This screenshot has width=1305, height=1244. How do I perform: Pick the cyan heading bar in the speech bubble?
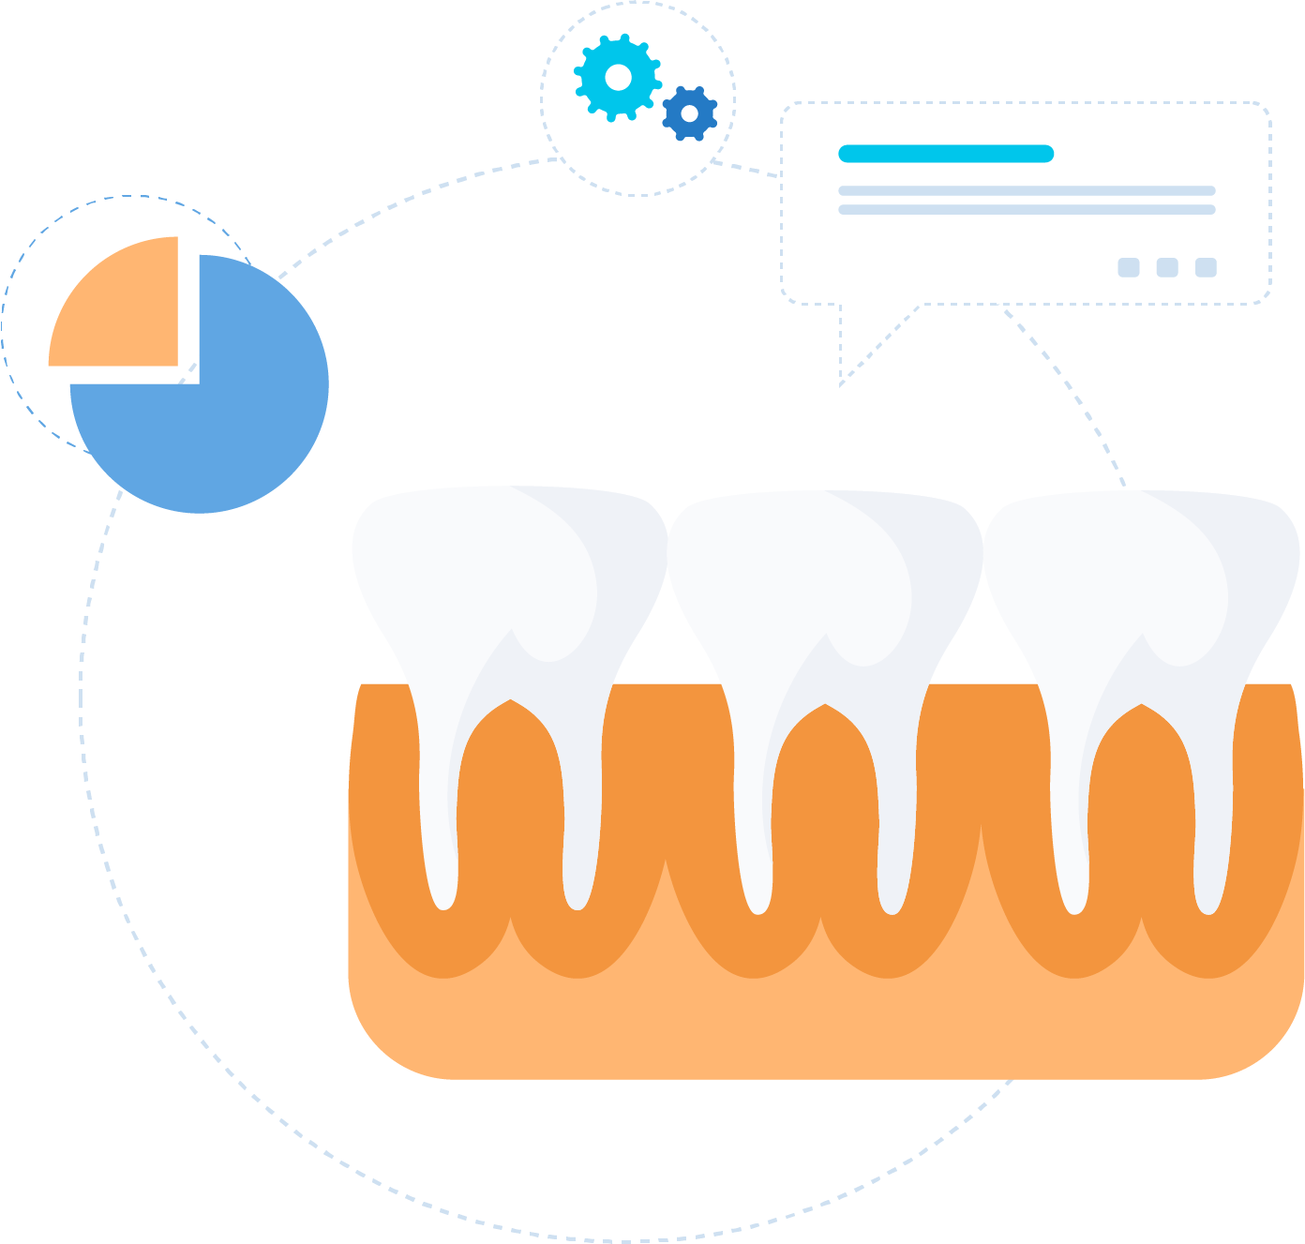tap(945, 154)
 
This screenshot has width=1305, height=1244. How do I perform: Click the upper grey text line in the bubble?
tap(1027, 191)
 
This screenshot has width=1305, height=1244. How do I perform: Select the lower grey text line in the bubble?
tap(1027, 210)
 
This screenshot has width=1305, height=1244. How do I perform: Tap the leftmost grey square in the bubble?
tap(1128, 268)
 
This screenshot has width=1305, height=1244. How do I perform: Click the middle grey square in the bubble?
tap(1166, 268)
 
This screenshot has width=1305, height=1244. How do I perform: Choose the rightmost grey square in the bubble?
tap(1206, 268)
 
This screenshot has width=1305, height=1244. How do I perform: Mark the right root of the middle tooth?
tap(894, 834)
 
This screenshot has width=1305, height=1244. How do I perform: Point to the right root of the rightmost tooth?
tap(1211, 834)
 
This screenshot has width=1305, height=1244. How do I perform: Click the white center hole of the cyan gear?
tap(618, 77)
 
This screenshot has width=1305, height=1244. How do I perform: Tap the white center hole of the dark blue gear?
tap(690, 113)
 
